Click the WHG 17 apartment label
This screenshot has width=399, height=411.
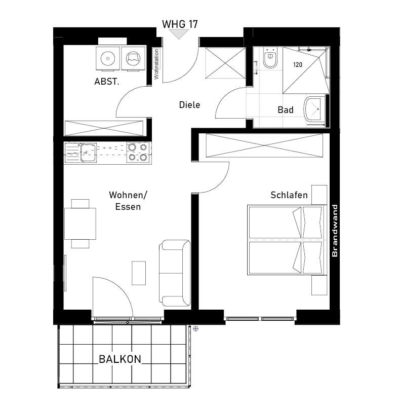[x=180, y=24]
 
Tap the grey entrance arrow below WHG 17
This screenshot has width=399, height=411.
[x=179, y=33]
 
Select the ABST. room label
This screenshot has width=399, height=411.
[x=106, y=82]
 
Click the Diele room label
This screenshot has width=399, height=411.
[x=189, y=105]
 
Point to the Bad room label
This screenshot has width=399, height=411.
[x=286, y=110]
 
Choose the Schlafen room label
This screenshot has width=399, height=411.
[x=289, y=195]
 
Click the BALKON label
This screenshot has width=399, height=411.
[x=120, y=359]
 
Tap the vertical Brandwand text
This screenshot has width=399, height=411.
[x=335, y=231]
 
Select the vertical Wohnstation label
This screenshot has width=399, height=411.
[x=156, y=64]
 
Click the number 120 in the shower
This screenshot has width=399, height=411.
[x=298, y=65]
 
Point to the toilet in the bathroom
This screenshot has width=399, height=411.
[x=270, y=58]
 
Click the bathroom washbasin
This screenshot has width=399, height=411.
[x=314, y=109]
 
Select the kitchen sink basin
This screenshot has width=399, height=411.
[x=88, y=153]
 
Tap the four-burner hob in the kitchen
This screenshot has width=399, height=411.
[x=138, y=153]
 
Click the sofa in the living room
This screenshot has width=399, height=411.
[x=175, y=273]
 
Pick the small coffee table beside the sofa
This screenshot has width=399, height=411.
[x=139, y=273]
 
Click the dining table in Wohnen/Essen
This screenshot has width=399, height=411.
[x=80, y=223]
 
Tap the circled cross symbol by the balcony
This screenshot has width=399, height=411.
[x=195, y=329]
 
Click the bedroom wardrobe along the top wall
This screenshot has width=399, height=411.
[x=264, y=145]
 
